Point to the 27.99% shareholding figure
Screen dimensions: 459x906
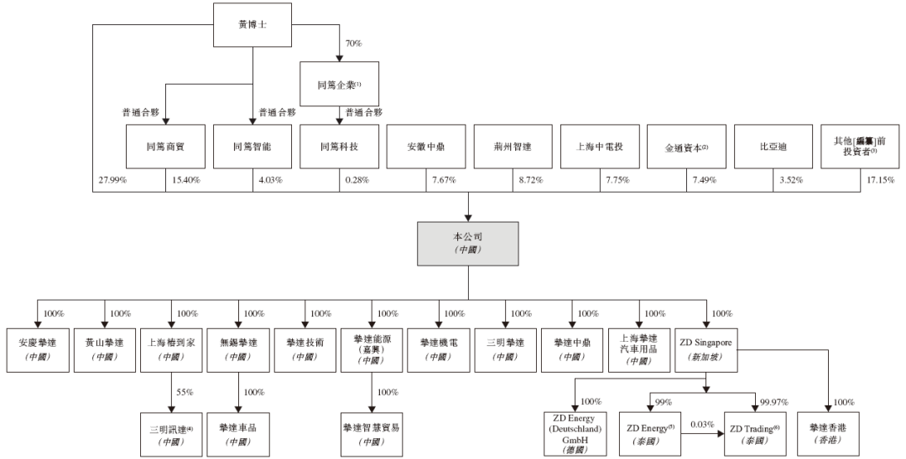pos(112,181)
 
